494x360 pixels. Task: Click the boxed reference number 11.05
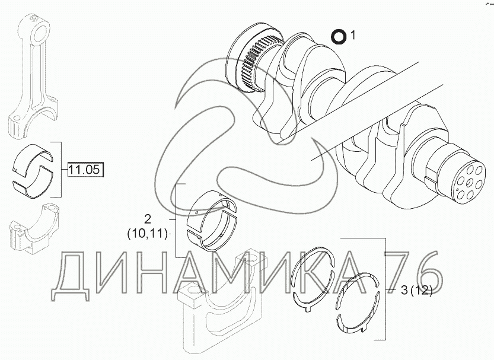85,170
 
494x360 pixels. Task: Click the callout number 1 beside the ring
353,36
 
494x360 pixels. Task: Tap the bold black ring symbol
339,36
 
